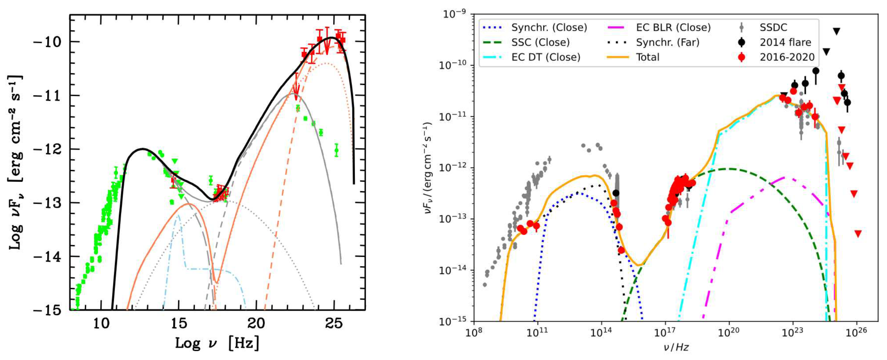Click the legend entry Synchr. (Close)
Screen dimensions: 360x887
point(549,28)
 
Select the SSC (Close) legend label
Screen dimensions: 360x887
point(540,42)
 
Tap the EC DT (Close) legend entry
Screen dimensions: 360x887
point(546,57)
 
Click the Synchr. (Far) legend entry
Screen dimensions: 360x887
point(667,42)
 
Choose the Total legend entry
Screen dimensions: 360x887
point(647,57)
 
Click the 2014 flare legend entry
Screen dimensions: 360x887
point(785,42)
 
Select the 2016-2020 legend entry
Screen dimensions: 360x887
point(787,57)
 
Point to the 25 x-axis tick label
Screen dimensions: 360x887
point(334,323)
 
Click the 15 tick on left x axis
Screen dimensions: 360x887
point(179,323)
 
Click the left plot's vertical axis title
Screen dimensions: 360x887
point(15,162)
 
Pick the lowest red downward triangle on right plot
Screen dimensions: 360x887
point(858,234)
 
